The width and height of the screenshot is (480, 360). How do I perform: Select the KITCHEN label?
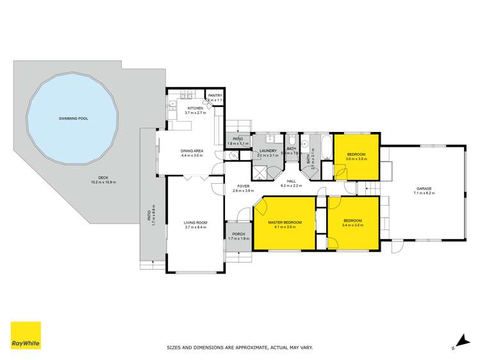[x=195, y=108]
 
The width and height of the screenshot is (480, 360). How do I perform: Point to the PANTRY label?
[x=215, y=95]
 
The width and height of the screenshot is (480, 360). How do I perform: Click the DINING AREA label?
[x=192, y=151]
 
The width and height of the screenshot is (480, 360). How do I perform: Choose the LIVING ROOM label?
[x=195, y=223]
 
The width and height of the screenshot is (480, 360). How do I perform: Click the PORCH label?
[x=238, y=234]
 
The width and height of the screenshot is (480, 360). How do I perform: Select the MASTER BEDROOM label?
[x=285, y=222]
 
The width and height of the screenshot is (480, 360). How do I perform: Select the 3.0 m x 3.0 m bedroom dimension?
[x=356, y=159]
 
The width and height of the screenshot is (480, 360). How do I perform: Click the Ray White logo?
[x=26, y=335]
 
